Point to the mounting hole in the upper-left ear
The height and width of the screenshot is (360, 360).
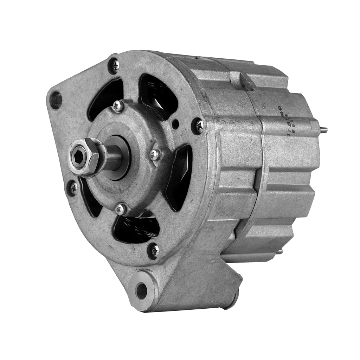tap(56, 99)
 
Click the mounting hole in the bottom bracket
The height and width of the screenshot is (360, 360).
tap(141, 290)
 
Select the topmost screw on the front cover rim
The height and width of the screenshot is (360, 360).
tap(115, 65)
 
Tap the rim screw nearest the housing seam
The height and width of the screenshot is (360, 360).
tap(198, 126)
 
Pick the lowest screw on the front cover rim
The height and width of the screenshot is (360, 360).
tap(154, 251)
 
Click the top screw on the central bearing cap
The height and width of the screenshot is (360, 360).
tap(117, 106)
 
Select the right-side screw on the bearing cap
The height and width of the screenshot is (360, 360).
tap(154, 155)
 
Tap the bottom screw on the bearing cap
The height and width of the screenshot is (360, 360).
tap(120, 209)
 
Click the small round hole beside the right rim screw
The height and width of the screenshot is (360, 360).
tap(175, 124)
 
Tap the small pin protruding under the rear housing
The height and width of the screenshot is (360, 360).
tap(279, 251)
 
